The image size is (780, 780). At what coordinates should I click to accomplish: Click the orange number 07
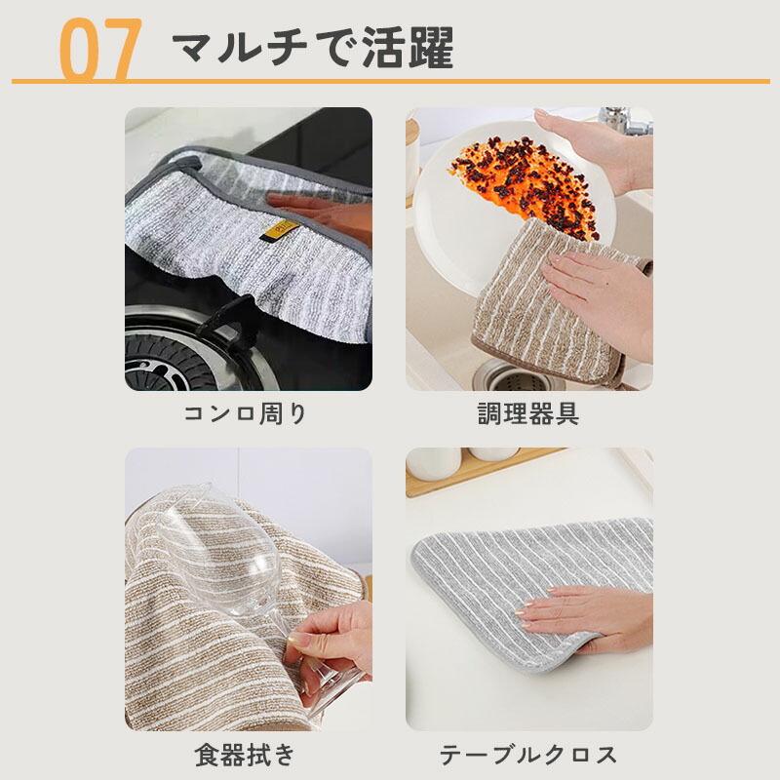click(101, 49)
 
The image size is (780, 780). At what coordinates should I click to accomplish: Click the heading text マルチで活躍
click(313, 47)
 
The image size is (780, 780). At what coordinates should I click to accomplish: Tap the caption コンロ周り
click(246, 413)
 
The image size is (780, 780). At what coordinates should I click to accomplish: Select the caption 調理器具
click(528, 413)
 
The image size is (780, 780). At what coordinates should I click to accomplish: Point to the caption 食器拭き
click(246, 755)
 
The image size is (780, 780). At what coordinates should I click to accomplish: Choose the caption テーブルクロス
click(528, 755)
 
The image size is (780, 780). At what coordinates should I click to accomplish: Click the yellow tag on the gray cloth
click(280, 230)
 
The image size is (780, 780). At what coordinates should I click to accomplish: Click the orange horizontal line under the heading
click(391, 81)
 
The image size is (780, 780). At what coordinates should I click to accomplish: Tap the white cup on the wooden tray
click(434, 462)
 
